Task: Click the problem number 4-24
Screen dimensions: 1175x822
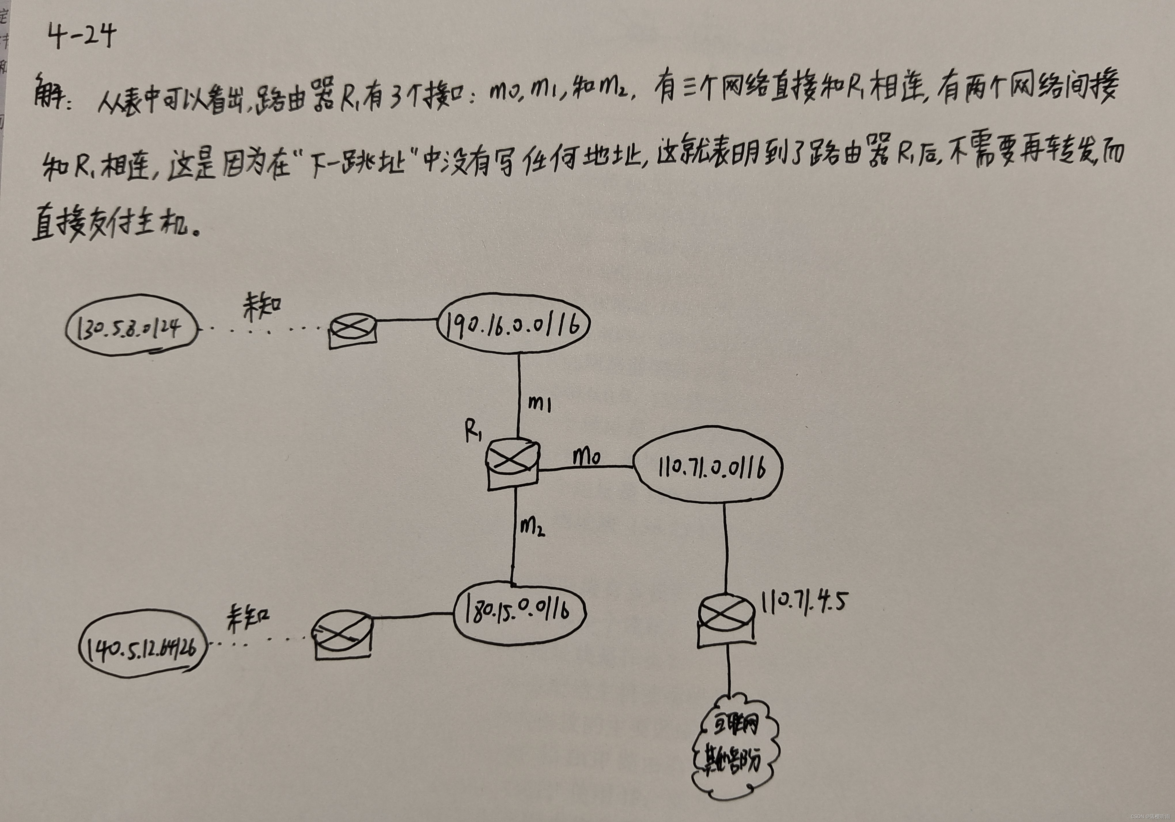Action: pos(82,37)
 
